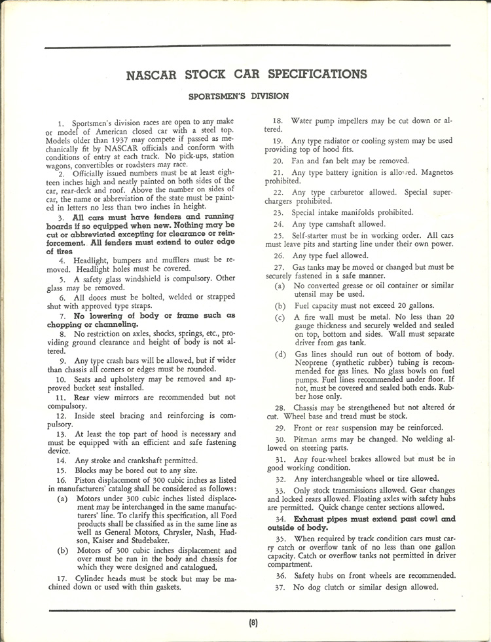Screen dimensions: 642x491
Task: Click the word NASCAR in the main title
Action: [151, 73]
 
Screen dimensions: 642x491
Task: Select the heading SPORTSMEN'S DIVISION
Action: [238, 96]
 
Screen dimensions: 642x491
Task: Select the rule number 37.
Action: [280, 587]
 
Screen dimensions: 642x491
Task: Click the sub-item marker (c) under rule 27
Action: [280, 316]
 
